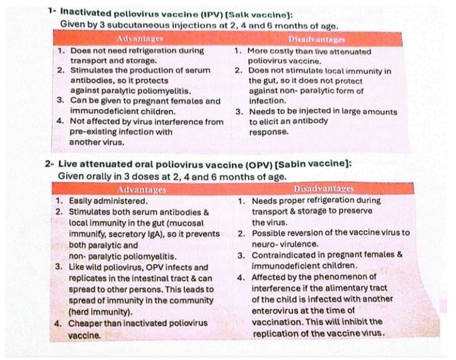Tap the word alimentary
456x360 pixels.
pos(348,288)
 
